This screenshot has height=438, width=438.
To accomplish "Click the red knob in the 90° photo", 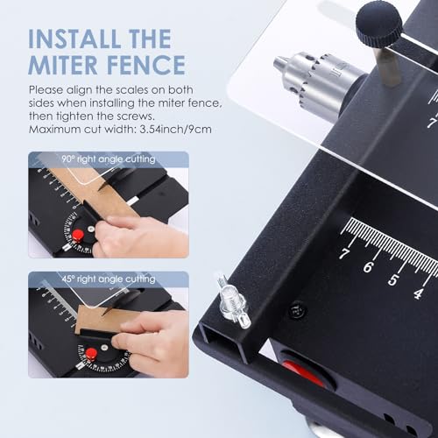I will (78, 235).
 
